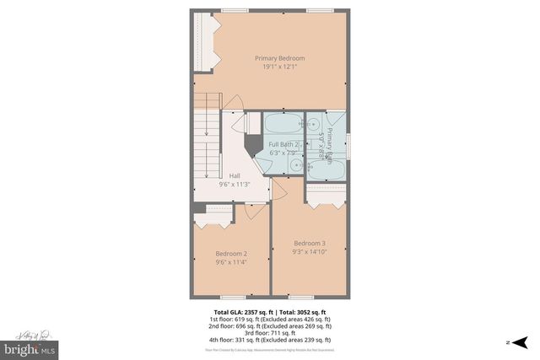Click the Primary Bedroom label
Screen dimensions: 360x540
pyautogui.click(x=280, y=58)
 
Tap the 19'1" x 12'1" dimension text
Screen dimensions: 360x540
pyautogui.click(x=280, y=67)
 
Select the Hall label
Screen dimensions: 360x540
pyautogui.click(x=235, y=175)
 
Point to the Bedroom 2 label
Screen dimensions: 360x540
pyautogui.click(x=230, y=254)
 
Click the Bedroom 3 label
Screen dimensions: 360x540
pyautogui.click(x=309, y=243)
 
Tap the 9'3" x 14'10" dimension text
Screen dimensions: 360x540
pyautogui.click(x=309, y=251)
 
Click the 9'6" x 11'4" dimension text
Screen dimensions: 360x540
pyautogui.click(x=230, y=262)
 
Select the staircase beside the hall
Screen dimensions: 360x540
pyautogui.click(x=208, y=148)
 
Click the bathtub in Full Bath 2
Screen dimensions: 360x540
pyautogui.click(x=283, y=127)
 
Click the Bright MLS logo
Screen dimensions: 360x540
pyautogui.click(x=30, y=347)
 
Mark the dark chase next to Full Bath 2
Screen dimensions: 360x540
pyautogui.click(x=252, y=143)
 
